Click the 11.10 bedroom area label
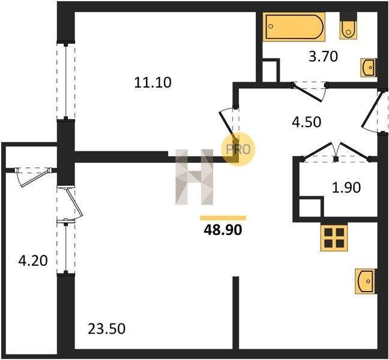click(x=152, y=83)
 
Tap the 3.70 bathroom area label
click(x=323, y=56)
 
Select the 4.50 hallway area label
click(x=306, y=122)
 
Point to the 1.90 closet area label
click(x=346, y=187)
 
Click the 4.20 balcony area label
click(x=33, y=261)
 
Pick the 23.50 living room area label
click(x=107, y=329)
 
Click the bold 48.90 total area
click(x=223, y=230)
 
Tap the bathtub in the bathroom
click(x=294, y=26)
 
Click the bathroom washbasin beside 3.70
click(x=369, y=67)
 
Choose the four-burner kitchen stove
click(x=334, y=238)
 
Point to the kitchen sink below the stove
click(x=366, y=281)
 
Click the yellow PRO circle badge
click(x=238, y=149)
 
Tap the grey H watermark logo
click(x=194, y=177)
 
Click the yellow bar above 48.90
click(x=223, y=218)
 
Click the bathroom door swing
click(x=310, y=91)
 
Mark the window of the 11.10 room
click(x=66, y=82)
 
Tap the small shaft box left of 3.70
click(x=270, y=70)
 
